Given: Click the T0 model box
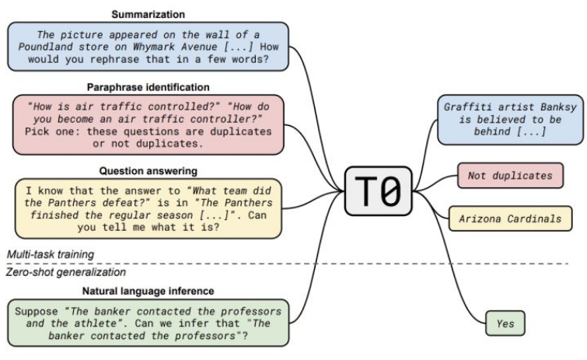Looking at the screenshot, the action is pos(378,191).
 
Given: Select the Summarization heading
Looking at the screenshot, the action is pos(148,15).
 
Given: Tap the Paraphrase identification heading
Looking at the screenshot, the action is pos(148,88).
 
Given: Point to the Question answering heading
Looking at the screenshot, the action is pos(148,171).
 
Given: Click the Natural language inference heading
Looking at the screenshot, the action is pos(148,291).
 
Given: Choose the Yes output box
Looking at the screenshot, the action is pos(505,323).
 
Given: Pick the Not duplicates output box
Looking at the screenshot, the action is pos(510,176).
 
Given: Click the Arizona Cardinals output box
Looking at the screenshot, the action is pos(510,218).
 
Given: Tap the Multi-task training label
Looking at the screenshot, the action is pos(51,254).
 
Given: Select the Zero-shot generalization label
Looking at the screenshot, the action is pos(66,272).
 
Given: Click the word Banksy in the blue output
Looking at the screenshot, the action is pos(558,107).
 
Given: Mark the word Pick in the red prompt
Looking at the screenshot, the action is pos(37,131).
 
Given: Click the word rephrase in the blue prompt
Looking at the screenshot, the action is pos(114,59).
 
